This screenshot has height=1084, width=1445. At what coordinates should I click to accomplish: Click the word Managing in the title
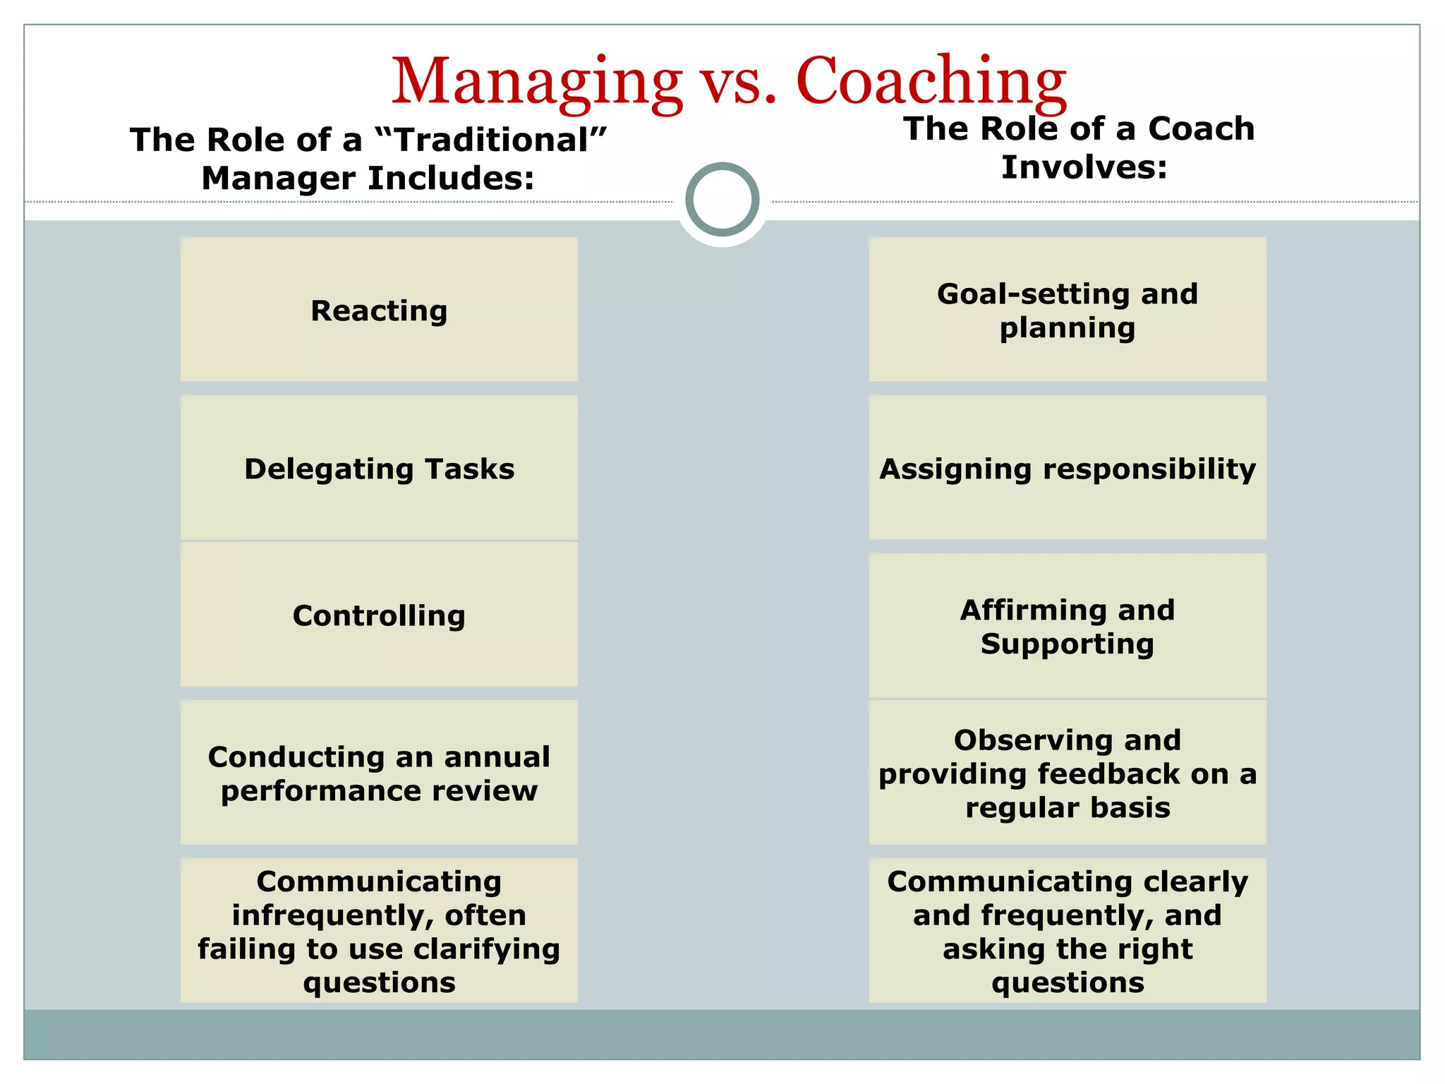coord(536,82)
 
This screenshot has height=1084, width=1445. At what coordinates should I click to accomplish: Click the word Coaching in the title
coord(931,82)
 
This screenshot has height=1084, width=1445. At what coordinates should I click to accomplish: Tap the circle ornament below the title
coord(722,199)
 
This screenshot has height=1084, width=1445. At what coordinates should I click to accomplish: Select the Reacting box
coord(379,310)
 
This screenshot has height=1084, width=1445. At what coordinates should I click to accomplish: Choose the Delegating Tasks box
coord(379,468)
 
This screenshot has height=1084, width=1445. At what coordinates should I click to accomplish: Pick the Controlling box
coord(379,615)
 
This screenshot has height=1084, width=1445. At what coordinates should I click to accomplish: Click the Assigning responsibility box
coord(1067,468)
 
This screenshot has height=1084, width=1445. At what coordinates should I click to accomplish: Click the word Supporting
coord(1067,644)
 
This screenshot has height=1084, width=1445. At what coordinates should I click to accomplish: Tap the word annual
coord(497,757)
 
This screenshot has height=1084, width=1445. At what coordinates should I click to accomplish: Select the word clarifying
coord(486,949)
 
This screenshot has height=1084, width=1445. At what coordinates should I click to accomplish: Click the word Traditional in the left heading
coord(491,140)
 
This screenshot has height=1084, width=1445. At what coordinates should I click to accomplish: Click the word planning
coord(1067,327)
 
